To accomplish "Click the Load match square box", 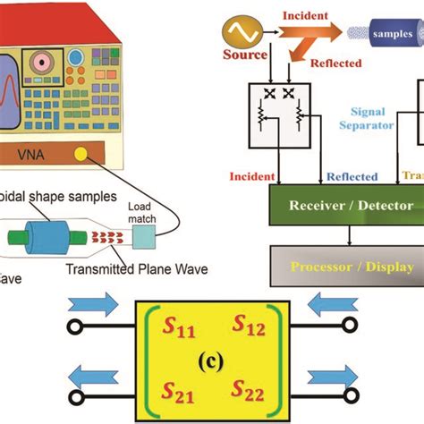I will pyautogui.click(x=144, y=234).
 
